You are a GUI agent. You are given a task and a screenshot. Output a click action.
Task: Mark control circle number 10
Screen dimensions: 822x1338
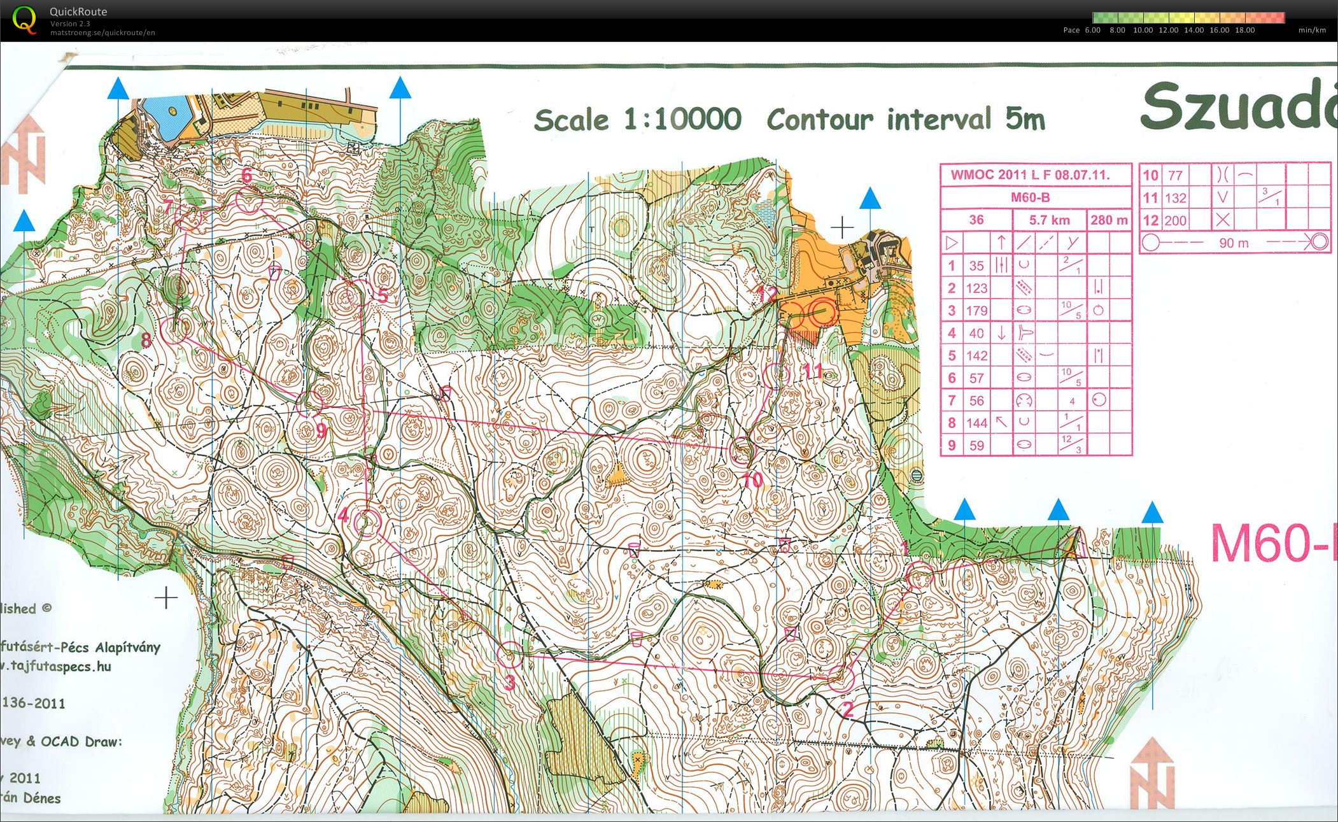tap(741, 451)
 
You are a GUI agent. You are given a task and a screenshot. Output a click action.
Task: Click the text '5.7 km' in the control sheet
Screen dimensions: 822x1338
tap(1049, 220)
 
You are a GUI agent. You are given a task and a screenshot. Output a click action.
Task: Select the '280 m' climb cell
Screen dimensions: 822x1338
tap(1109, 220)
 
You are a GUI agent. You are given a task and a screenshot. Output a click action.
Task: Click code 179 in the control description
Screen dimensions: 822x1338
tap(976, 311)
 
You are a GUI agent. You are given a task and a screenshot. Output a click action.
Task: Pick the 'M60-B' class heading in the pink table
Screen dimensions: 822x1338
tap(1030, 197)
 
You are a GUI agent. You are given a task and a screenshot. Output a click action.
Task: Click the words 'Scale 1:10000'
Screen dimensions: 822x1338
tap(637, 120)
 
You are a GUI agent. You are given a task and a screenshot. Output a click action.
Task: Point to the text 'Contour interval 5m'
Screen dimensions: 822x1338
tap(906, 120)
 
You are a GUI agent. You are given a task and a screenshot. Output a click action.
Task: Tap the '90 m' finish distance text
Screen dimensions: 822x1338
tap(1234, 243)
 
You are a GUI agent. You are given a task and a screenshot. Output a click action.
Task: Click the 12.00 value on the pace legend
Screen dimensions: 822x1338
tap(1168, 30)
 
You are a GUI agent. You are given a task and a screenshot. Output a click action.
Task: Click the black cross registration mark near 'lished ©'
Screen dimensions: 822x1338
tap(166, 598)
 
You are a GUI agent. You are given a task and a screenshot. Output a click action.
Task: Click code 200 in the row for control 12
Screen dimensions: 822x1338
tap(1175, 220)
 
